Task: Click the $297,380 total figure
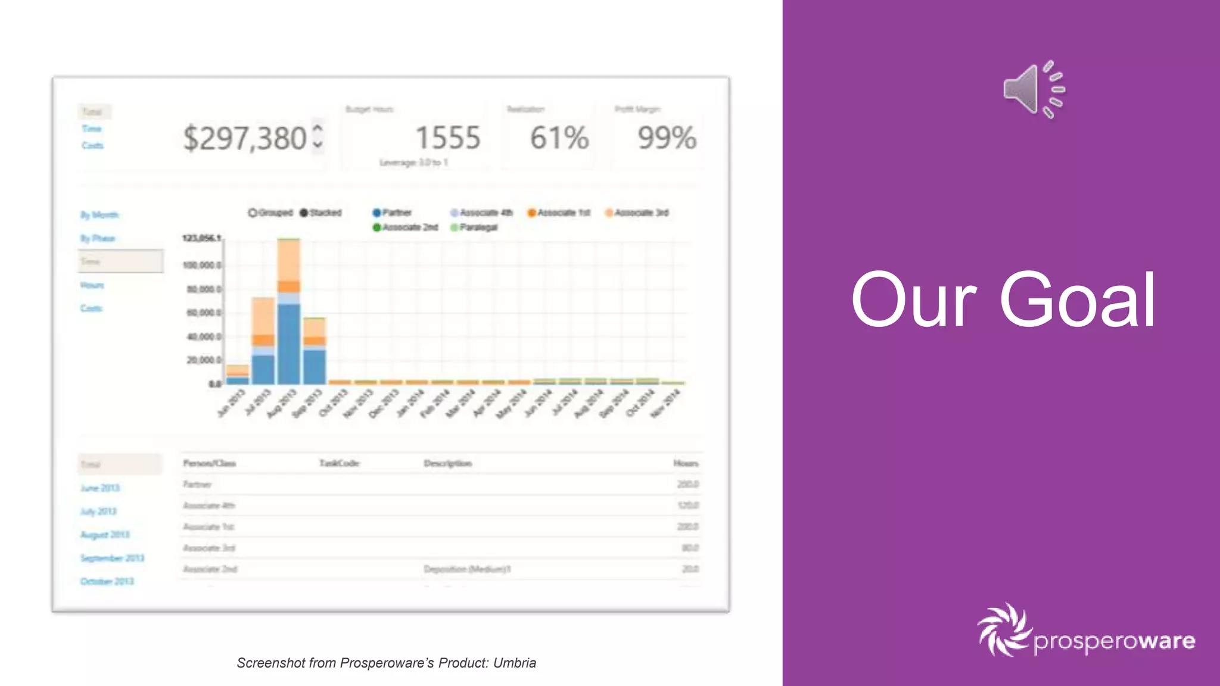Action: [x=245, y=138]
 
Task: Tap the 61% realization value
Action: [x=559, y=138]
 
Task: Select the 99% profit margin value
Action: [x=667, y=138]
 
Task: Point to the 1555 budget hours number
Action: [x=447, y=138]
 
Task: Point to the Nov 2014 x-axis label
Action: [x=666, y=403]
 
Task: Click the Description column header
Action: [x=448, y=463]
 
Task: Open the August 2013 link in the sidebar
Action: [x=105, y=535]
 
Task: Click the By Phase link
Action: [x=98, y=238]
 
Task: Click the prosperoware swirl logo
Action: [x=1004, y=629]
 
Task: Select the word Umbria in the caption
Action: [x=515, y=663]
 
